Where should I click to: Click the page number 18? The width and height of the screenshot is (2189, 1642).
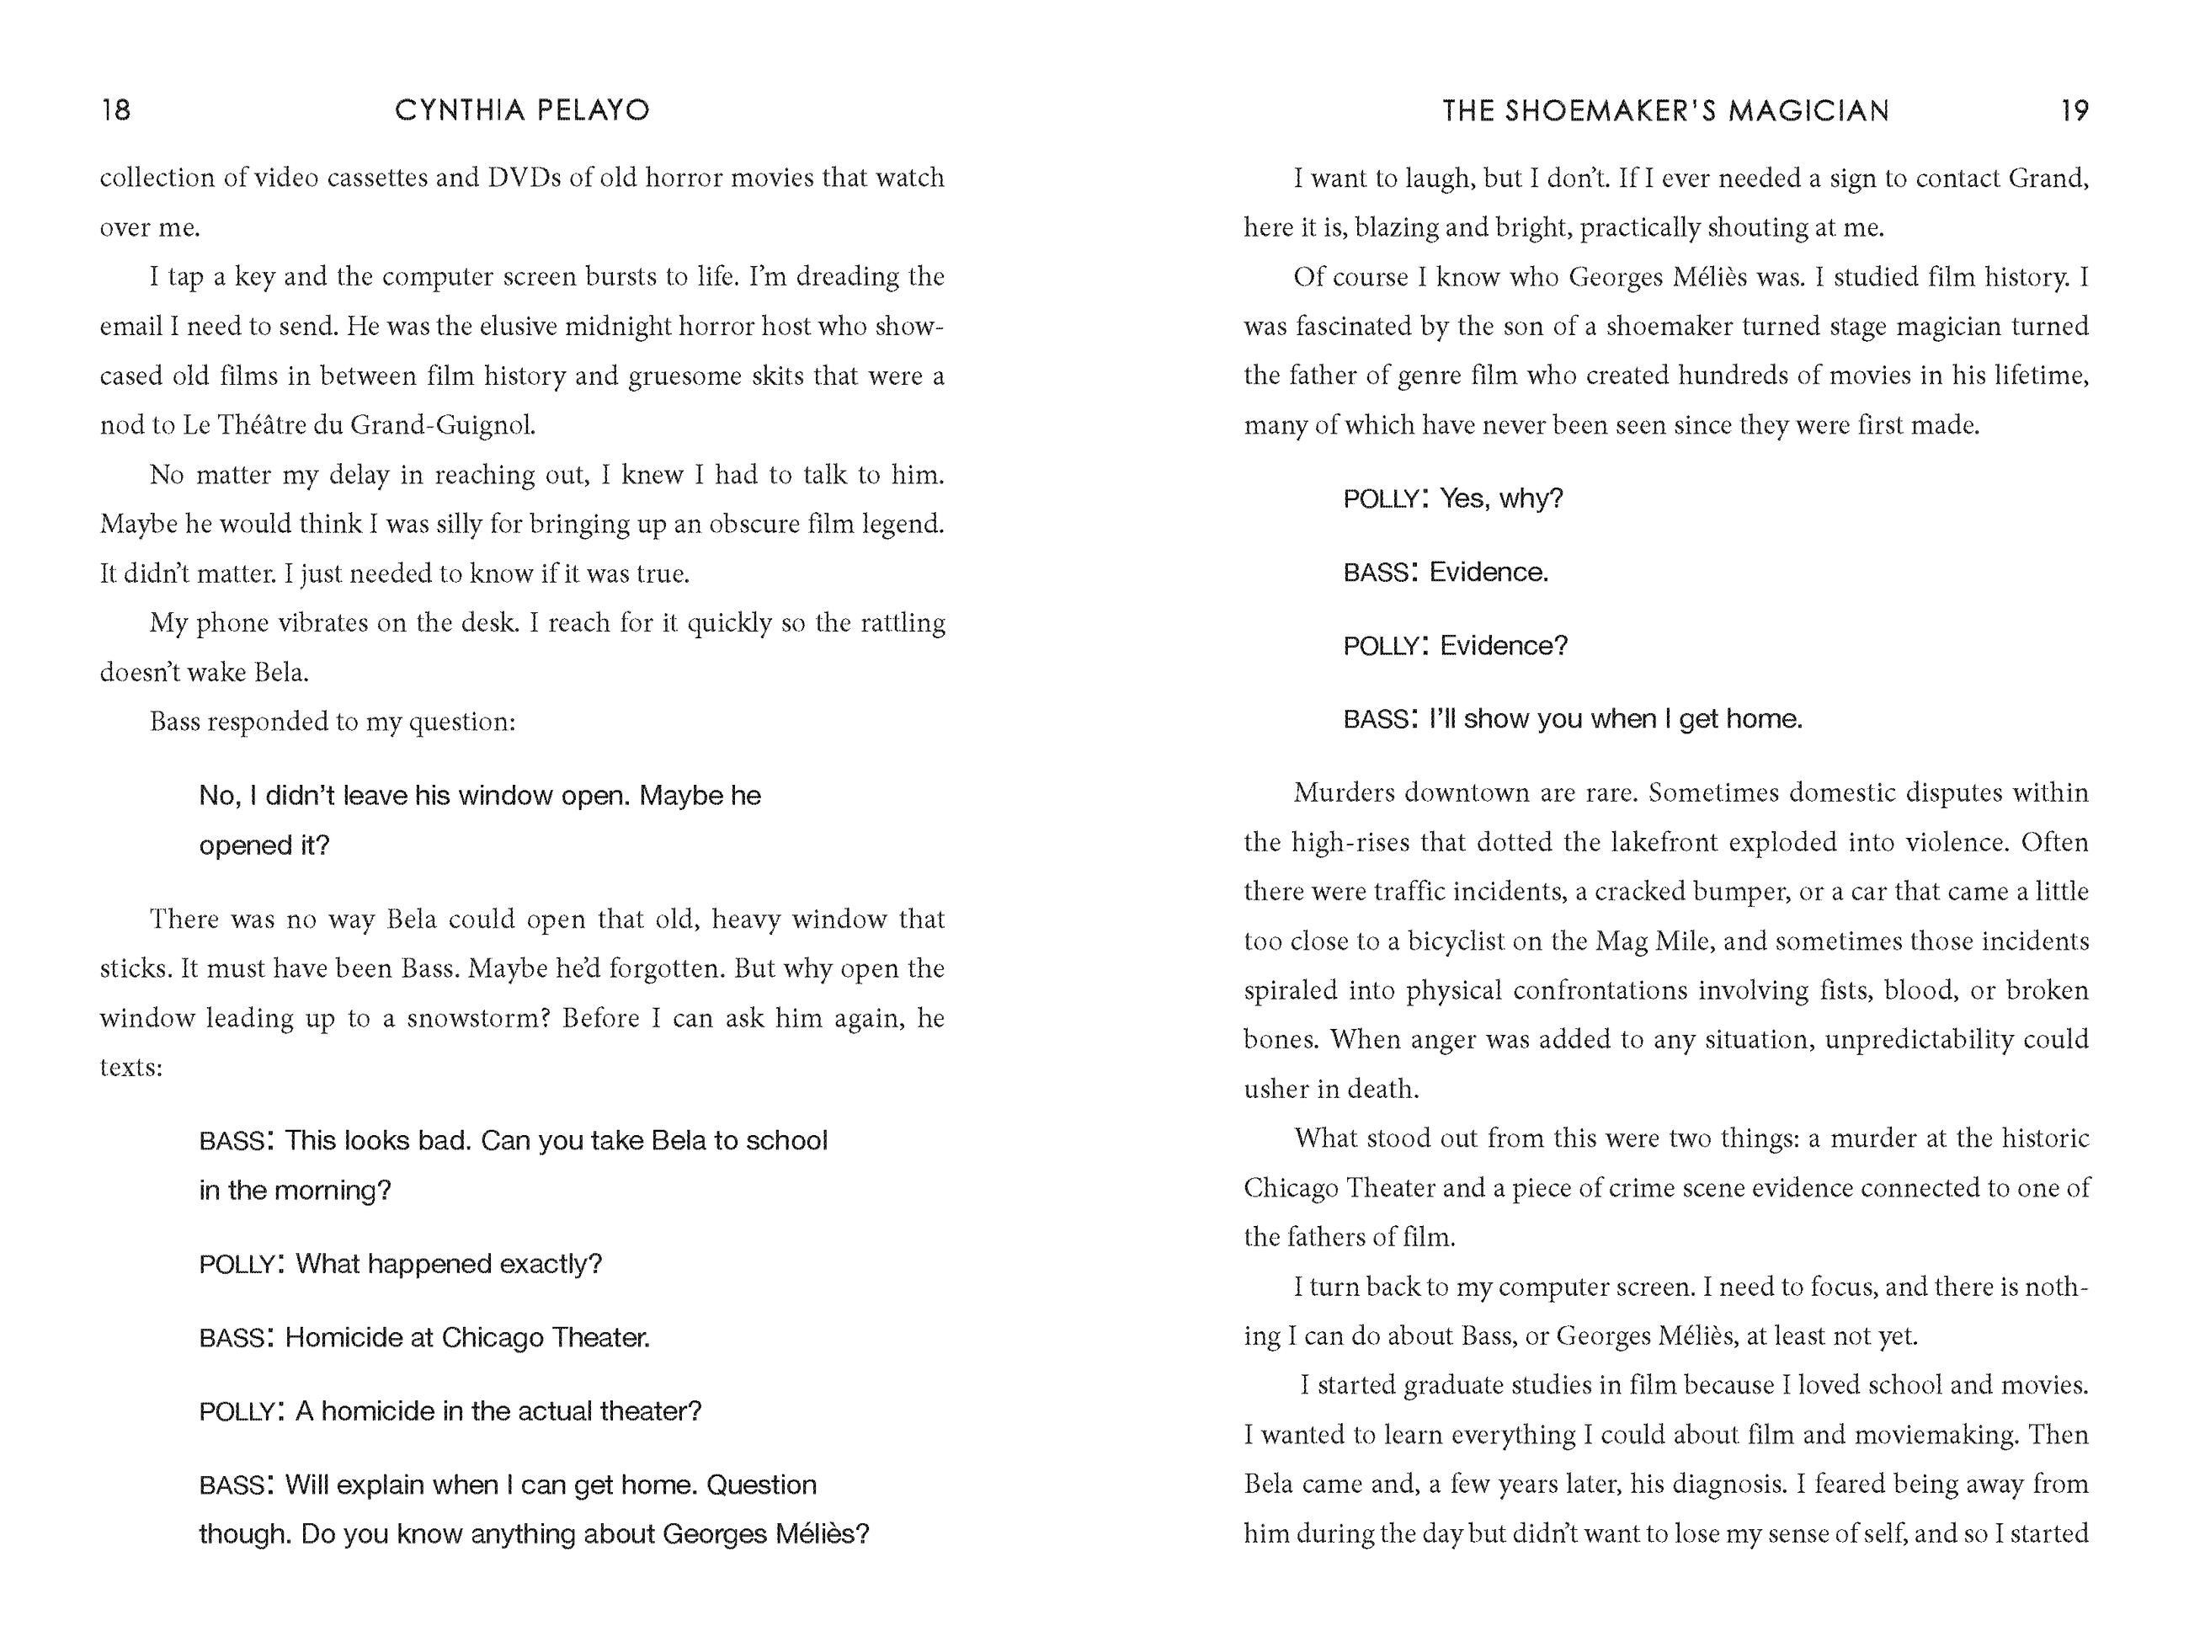(x=116, y=109)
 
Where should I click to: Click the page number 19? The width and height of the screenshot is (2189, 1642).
(x=2074, y=109)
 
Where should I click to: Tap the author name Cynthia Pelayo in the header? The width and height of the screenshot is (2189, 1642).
(x=521, y=109)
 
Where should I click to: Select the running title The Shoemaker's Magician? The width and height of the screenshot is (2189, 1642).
(x=1665, y=109)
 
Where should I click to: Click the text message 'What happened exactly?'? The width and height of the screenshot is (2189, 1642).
(x=448, y=1264)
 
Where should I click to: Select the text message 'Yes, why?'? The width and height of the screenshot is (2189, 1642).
(x=1501, y=498)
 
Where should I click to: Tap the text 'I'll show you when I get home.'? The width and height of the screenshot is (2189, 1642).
(x=1615, y=718)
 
